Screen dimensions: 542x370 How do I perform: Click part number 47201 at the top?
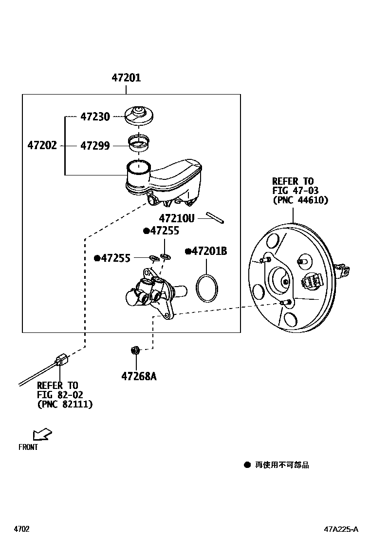pos(126,77)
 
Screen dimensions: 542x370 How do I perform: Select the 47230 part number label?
pos(95,117)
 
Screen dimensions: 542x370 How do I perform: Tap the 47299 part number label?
pos(95,146)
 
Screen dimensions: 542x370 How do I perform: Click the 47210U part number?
pos(176,218)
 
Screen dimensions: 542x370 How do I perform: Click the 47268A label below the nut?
pos(139,376)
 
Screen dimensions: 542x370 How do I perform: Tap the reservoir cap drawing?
pos(139,115)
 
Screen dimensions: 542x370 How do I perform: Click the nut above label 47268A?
pos(136,350)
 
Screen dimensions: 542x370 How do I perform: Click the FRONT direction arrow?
pos(42,434)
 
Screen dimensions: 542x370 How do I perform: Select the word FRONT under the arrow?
pos(28,447)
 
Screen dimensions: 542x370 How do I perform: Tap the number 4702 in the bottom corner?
pos(22,529)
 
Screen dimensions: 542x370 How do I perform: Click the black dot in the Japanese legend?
pos(247,465)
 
